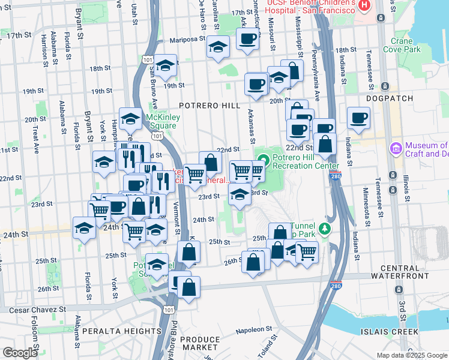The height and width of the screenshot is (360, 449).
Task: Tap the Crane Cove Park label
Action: tap(405, 46)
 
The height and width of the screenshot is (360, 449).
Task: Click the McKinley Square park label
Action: tap(162, 122)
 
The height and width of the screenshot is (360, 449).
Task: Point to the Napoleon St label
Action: tap(254, 329)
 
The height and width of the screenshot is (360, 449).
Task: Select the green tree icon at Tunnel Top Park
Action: tap(325, 229)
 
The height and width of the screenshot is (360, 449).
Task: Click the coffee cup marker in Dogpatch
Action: tap(358, 118)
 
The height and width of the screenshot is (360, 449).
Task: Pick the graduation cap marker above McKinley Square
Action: tap(130, 119)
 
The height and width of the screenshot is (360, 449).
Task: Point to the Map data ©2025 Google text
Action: tap(412, 355)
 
